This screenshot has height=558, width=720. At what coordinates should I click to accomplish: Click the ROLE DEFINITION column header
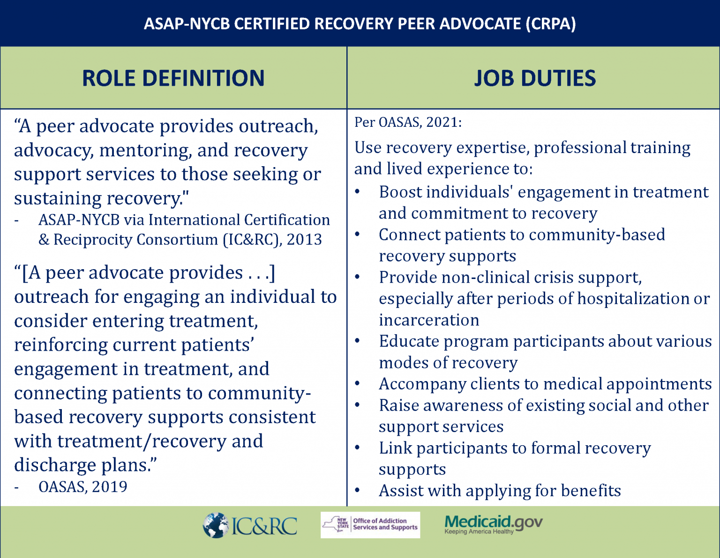[173, 78]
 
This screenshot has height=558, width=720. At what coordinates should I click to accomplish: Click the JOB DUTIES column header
[535, 78]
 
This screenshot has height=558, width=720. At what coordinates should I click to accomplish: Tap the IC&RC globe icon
[216, 525]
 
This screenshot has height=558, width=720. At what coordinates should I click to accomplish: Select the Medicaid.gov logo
[494, 525]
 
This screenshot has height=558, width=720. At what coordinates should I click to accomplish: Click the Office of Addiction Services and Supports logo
[370, 525]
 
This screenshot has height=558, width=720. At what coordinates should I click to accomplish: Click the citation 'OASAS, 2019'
[83, 486]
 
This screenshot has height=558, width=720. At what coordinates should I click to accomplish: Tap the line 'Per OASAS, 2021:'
[408, 122]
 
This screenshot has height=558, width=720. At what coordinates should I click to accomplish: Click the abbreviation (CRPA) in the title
[551, 24]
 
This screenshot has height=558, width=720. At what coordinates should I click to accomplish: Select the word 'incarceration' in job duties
[429, 320]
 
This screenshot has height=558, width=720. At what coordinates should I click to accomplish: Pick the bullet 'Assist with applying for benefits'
[500, 491]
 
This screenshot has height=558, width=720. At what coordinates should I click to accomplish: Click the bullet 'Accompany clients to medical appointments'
[545, 384]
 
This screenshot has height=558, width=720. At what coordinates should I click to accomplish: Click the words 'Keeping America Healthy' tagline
[479, 531]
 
